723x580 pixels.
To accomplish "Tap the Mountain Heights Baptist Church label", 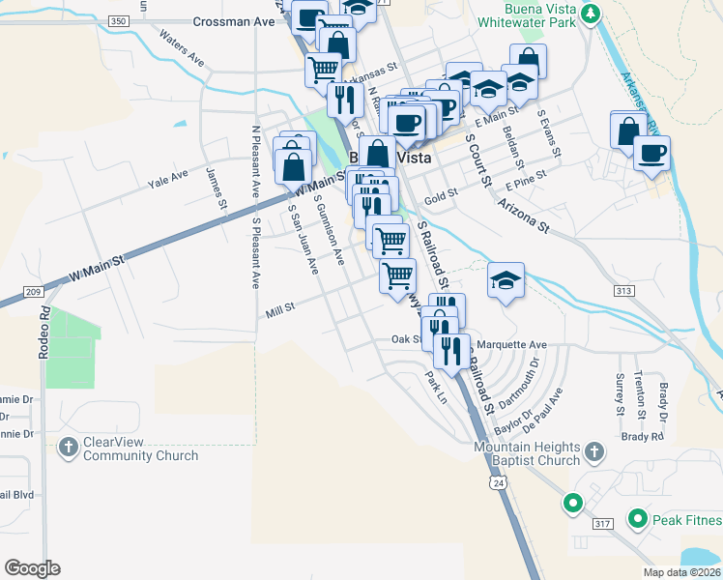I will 528,453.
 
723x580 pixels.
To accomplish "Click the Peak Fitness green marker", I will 637,520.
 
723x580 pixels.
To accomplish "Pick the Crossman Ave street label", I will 234,20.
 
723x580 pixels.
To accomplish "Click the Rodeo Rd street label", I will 43,333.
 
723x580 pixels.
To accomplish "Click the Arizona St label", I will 523,217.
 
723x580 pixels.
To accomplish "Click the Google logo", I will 33,567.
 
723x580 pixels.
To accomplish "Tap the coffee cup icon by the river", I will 652,154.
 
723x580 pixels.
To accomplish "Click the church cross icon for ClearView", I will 68,448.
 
